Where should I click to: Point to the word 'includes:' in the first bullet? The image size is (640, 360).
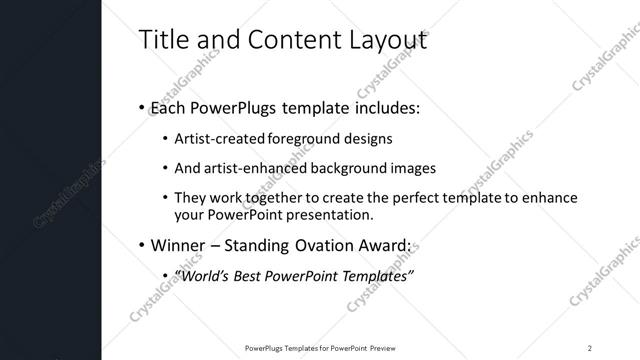pyautogui.click(x=385, y=106)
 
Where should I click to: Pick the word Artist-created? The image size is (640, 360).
pyautogui.click(x=216, y=138)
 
